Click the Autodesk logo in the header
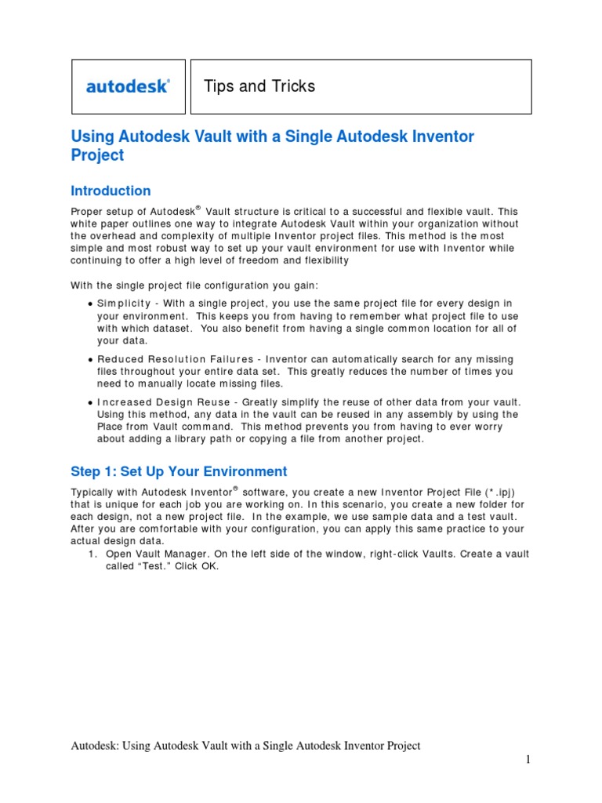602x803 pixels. tap(128, 86)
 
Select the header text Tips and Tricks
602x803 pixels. tap(259, 86)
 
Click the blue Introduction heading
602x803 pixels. tap(111, 191)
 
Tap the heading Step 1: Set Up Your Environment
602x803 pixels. tap(179, 471)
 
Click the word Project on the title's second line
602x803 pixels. tap(97, 155)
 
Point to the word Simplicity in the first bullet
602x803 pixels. tap(124, 303)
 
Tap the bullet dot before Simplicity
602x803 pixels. tap(91, 304)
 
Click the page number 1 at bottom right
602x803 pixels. tap(528, 760)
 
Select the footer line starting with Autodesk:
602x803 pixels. tap(245, 746)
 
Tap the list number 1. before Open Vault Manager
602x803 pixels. tap(92, 554)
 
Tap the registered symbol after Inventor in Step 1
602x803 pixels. tap(235, 487)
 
